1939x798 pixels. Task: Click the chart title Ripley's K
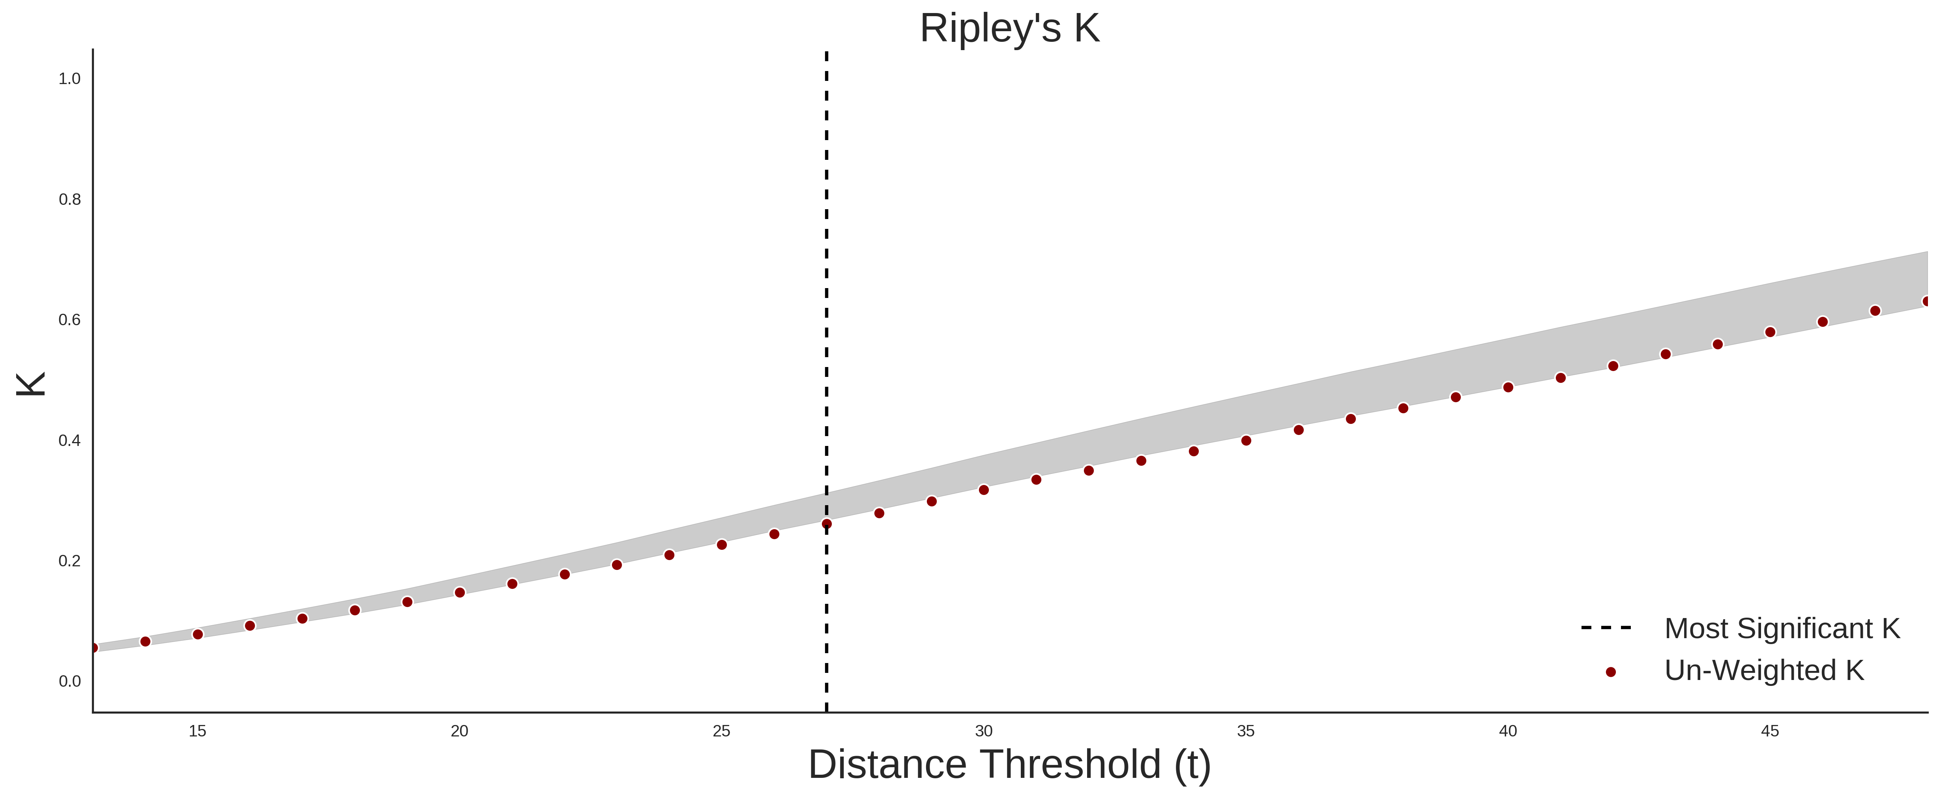click(1009, 28)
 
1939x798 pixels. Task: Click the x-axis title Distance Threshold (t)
click(1009, 765)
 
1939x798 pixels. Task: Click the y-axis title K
click(31, 384)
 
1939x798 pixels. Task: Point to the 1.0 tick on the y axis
click(69, 79)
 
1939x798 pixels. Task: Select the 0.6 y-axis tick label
click(69, 320)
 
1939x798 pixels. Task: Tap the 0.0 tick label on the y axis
click(69, 681)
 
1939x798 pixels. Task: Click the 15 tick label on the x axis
click(197, 731)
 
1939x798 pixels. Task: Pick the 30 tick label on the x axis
click(984, 731)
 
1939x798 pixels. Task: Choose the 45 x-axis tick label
click(1771, 731)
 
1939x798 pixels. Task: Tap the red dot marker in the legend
click(1611, 672)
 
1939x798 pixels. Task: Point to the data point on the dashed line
click(827, 524)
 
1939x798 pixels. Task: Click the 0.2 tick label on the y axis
click(69, 561)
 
